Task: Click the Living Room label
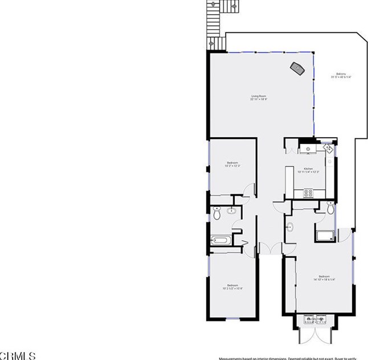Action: [259, 97]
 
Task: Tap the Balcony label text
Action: [341, 76]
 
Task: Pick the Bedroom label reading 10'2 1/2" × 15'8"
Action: [232, 287]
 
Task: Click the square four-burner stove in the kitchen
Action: [309, 193]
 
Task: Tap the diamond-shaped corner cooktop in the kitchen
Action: [329, 148]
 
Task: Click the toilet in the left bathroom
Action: [216, 215]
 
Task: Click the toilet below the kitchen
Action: [330, 207]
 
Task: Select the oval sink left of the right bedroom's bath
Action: [289, 228]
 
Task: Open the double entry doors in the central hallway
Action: [269, 248]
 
